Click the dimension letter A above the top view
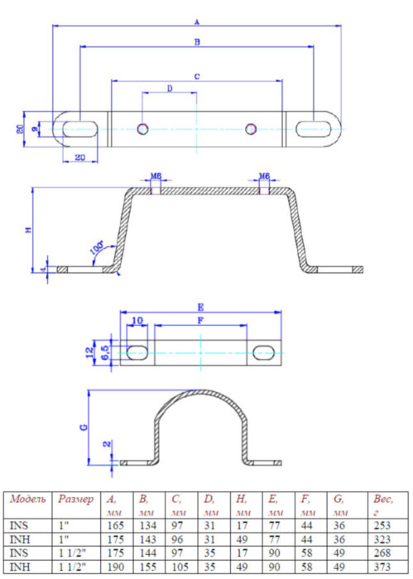(196, 21)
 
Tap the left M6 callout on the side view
(156, 176)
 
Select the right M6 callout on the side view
(264, 176)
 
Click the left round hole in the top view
(143, 128)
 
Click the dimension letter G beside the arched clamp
(84, 427)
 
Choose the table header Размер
(75, 500)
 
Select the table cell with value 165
(116, 525)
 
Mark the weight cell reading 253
(381, 525)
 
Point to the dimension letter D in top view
(169, 88)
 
